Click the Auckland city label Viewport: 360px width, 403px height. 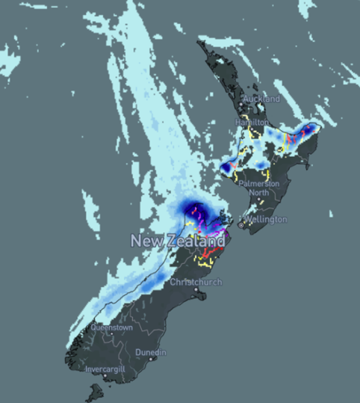pyautogui.click(x=261, y=99)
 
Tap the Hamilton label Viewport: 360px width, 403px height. pyautogui.click(x=251, y=121)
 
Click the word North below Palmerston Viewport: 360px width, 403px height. pyautogui.click(x=259, y=192)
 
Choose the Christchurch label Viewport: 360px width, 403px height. pyautogui.click(x=196, y=282)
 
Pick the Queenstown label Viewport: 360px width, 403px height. pyautogui.click(x=112, y=327)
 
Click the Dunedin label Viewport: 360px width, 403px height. pyautogui.click(x=151, y=352)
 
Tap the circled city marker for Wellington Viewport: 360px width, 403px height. pyautogui.click(x=242, y=222)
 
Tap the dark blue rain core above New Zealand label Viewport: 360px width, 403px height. pyautogui.click(x=196, y=209)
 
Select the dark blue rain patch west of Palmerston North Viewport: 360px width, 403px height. pyautogui.click(x=226, y=166)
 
